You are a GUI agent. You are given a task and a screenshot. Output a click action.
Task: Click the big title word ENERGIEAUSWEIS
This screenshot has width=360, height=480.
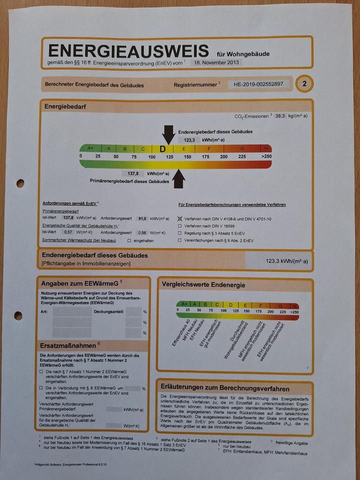coord(128,51)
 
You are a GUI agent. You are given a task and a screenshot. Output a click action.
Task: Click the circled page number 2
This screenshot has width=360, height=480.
coord(304,83)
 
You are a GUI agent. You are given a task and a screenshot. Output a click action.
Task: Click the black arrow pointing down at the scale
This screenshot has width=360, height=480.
coord(168,135)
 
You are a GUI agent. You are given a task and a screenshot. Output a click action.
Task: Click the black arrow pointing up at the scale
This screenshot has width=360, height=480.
coord(178,178)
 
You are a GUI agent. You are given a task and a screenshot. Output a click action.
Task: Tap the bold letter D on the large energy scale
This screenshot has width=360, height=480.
coord(162,148)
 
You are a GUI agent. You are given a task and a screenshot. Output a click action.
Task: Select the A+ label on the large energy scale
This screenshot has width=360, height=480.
coord(90,148)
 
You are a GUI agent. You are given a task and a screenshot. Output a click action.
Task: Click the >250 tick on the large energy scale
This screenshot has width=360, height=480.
coord(266,156)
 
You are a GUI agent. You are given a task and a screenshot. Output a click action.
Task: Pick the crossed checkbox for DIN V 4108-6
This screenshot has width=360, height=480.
coord(180,219)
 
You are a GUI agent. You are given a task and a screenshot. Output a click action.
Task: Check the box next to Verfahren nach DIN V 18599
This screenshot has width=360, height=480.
coord(180,226)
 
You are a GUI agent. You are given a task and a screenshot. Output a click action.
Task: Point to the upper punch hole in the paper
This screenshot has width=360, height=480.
coord(20,183)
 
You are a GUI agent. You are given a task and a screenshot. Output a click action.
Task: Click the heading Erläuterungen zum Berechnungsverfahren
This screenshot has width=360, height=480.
coord(225,388)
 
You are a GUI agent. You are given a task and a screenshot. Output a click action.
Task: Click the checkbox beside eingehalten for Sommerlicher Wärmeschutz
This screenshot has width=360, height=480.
coord(129,240)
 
